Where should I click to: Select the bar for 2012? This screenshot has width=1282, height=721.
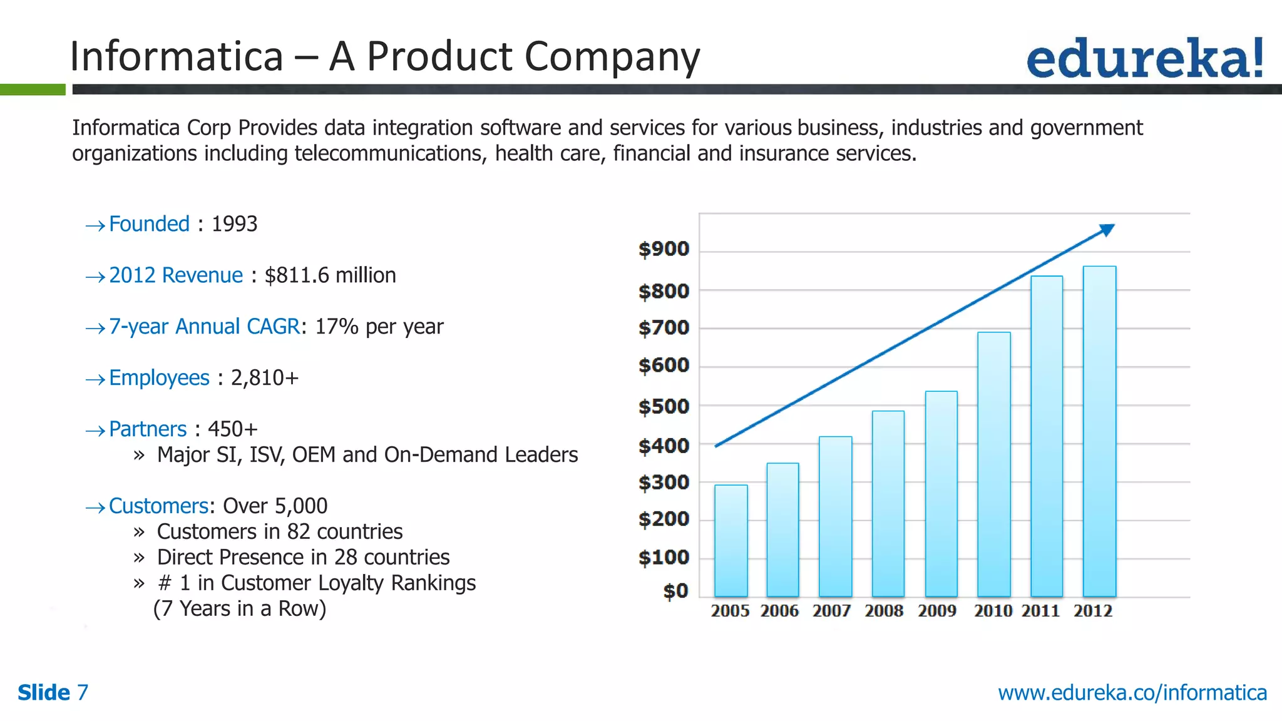(1099, 432)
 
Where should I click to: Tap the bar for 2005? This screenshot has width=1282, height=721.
(731, 541)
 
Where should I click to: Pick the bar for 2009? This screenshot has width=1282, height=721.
(941, 494)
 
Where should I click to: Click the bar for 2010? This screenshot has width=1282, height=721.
(993, 464)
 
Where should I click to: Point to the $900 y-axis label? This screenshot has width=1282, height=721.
(664, 249)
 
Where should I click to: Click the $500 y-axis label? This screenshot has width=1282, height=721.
(664, 407)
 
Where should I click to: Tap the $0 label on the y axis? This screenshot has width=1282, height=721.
(675, 591)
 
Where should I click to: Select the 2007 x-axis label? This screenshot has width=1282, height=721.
(831, 611)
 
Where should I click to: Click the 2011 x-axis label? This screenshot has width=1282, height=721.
(1040, 611)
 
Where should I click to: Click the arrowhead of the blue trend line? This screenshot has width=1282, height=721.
(1107, 230)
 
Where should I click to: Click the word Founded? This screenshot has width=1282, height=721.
(149, 224)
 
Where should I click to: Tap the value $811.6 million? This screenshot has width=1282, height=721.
(330, 275)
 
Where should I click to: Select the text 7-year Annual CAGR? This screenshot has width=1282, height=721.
(204, 327)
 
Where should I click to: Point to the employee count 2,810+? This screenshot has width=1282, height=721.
(265, 378)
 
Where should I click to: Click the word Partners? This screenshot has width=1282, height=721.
(148, 429)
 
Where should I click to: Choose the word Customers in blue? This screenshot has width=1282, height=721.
(158, 506)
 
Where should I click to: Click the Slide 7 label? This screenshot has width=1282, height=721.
(53, 693)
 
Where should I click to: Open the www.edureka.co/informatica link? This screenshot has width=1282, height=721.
(1132, 693)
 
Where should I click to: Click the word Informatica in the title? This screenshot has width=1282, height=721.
(177, 56)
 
